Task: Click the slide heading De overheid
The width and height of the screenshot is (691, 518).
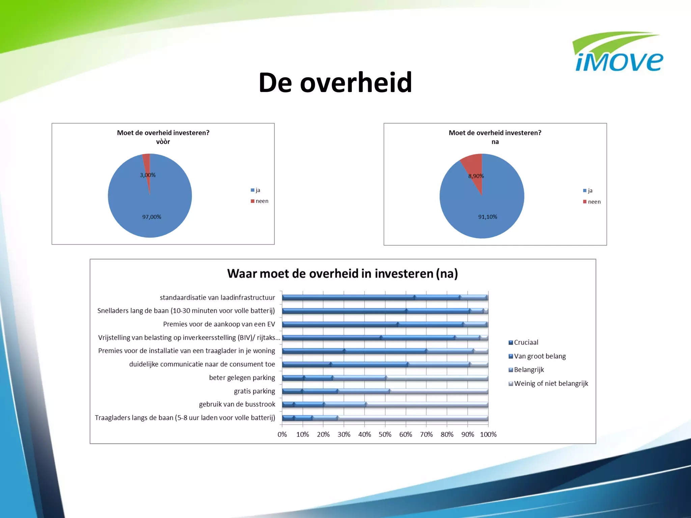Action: [335, 82]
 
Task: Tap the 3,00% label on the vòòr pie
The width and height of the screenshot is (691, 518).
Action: [148, 175]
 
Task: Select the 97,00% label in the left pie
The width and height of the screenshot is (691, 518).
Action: [151, 217]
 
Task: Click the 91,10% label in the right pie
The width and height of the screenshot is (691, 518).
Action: [488, 217]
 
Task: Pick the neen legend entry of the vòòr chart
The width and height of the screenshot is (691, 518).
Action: [259, 201]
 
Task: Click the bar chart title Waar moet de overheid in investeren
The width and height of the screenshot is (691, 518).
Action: [342, 274]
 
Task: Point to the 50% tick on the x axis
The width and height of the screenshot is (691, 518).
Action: [385, 434]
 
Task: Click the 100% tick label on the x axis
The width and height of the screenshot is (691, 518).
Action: [488, 434]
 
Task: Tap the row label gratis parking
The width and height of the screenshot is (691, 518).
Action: [254, 391]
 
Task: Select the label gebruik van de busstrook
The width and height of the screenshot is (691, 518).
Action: [237, 404]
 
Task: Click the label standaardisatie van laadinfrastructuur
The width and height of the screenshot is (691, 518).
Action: [217, 297]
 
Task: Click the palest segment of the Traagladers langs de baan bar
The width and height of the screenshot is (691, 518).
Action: [413, 418]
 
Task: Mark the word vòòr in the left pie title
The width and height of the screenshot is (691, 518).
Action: [163, 142]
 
